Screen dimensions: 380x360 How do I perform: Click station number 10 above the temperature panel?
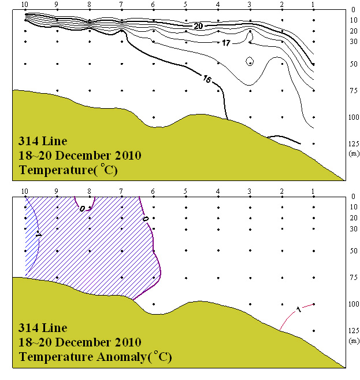point(25,5)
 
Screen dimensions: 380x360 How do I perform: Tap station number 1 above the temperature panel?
point(313,5)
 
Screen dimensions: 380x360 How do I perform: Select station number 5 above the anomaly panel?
point(185,191)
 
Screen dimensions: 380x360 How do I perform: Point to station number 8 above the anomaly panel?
point(89,191)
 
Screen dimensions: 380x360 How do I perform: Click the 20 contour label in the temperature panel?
point(198,26)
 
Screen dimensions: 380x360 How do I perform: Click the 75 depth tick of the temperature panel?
point(354,90)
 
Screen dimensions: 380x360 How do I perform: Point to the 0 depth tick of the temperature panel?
point(354,10)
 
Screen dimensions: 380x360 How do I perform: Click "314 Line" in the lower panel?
point(43,328)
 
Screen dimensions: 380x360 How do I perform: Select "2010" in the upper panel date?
point(128,156)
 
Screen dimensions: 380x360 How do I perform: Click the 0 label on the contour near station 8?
point(82,208)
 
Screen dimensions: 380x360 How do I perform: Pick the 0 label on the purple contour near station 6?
point(144,219)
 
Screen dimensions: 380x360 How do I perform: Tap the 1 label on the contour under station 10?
point(38,235)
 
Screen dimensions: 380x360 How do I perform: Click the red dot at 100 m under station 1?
point(313,304)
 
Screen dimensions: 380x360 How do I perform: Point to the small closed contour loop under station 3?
point(250,61)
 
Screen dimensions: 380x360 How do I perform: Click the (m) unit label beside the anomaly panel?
point(354,341)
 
